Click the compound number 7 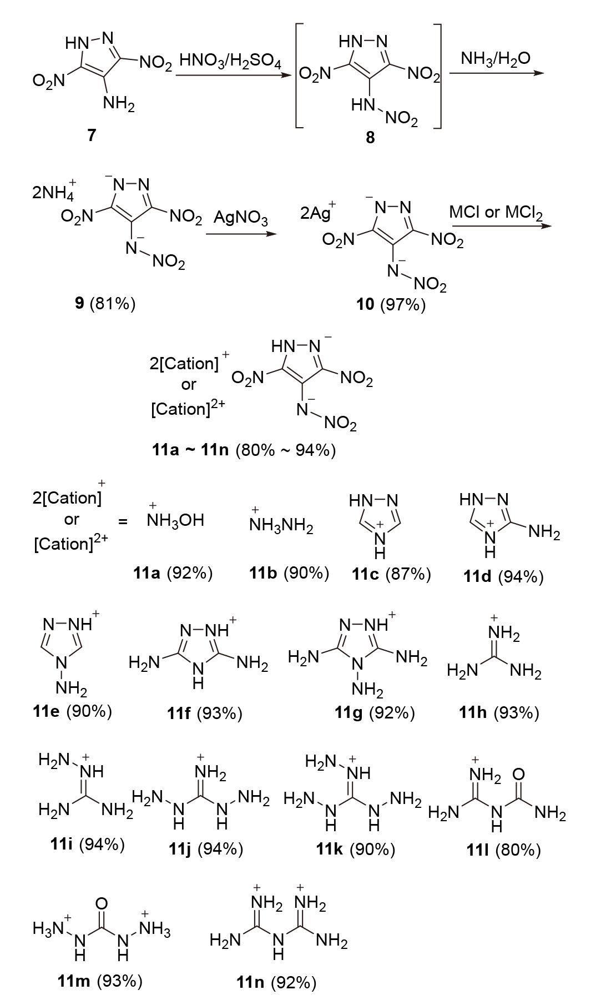pyautogui.click(x=91, y=135)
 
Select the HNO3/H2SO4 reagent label pyautogui.click(x=230, y=61)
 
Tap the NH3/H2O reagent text pyautogui.click(x=496, y=58)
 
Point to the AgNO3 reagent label pyautogui.click(x=241, y=220)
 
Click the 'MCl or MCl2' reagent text pyautogui.click(x=496, y=213)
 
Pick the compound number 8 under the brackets pyautogui.click(x=370, y=138)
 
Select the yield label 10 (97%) pyautogui.click(x=391, y=305)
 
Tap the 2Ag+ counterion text pyautogui.click(x=318, y=213)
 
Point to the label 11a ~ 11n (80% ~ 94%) pyautogui.click(x=244, y=450)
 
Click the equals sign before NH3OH pyautogui.click(x=123, y=521)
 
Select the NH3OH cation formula pyautogui.click(x=175, y=520)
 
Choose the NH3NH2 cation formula pyautogui.click(x=282, y=525)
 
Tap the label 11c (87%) pyautogui.click(x=391, y=574)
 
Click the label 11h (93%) pyautogui.click(x=499, y=712)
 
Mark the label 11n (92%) pyautogui.click(x=276, y=983)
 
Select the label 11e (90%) pyautogui.click(x=73, y=711)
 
